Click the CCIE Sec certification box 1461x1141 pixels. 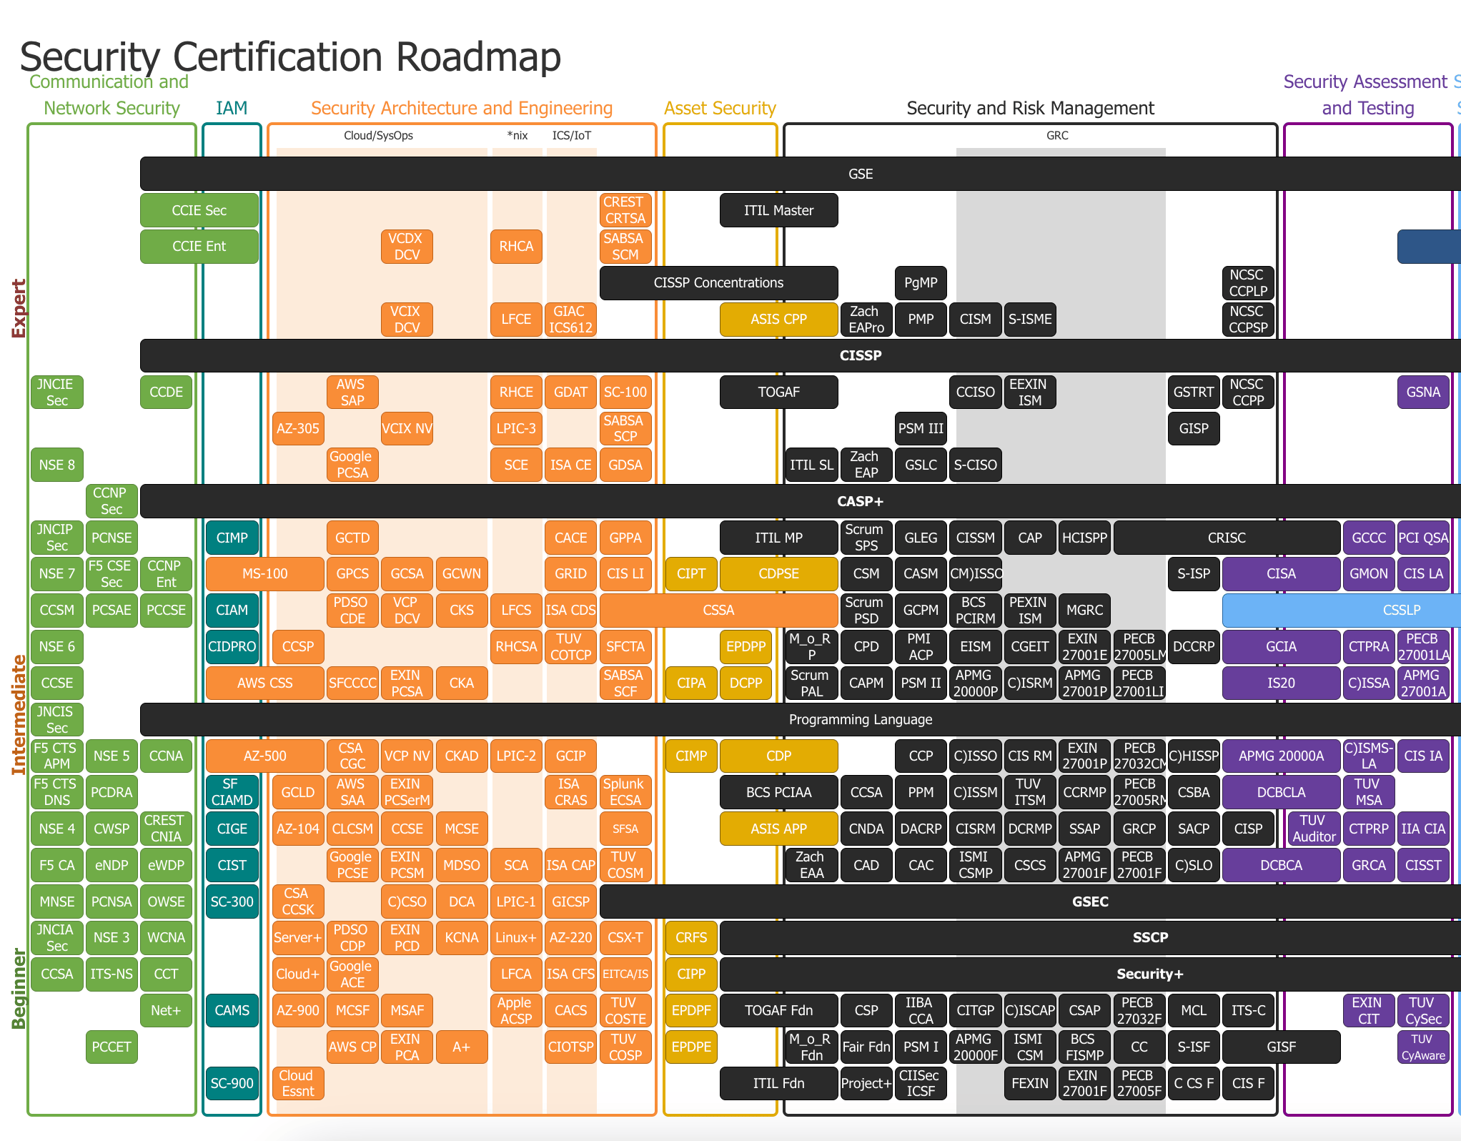[199, 210]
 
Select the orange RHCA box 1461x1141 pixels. [516, 247]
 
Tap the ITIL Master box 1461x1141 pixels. [778, 210]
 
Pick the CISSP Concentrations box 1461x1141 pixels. [718, 283]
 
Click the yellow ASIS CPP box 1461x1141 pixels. [778, 320]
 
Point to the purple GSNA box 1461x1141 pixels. [1423, 392]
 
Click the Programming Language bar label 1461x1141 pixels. [861, 719]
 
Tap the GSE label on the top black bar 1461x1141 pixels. [861, 174]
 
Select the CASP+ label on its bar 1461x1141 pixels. [861, 501]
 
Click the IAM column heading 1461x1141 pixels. [232, 108]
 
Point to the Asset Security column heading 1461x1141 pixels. [720, 108]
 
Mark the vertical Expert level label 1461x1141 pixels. [19, 308]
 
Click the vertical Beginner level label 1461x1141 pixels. [19, 988]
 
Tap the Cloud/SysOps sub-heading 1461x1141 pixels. [378, 136]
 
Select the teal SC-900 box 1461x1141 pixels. [232, 1083]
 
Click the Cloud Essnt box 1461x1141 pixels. [297, 1083]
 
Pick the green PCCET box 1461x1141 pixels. [112, 1047]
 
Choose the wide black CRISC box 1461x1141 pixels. [1227, 538]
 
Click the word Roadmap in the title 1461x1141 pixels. [478, 57]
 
